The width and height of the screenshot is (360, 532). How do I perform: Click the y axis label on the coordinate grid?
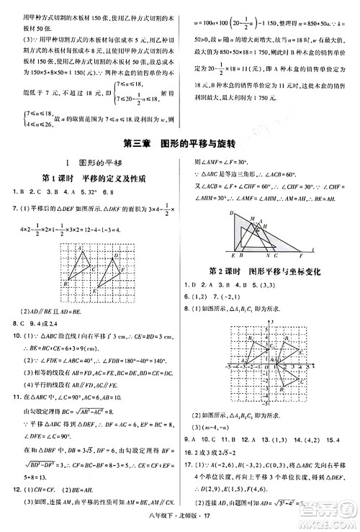[x=269, y=328]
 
